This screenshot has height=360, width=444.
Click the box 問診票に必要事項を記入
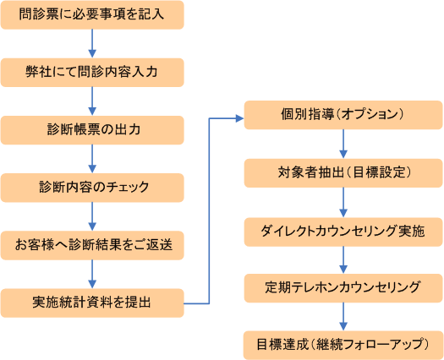pos(92,14)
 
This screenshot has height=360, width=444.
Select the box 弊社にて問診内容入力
pos(92,73)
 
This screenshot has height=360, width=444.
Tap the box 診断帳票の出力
pos(92,130)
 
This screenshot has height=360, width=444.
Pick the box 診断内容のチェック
pos(92,188)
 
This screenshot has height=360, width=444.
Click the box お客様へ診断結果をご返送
pos(92,245)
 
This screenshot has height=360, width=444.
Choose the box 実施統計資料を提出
pos(92,303)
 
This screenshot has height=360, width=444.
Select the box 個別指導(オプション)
pos(343,115)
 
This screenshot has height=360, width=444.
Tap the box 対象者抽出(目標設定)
pos(343,173)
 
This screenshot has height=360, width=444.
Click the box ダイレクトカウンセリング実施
pos(343,232)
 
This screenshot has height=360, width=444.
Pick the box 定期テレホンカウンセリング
pos(343,288)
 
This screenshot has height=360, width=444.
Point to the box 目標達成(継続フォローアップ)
pos(343,346)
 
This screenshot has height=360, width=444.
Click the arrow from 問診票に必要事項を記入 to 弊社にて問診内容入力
pos(92,44)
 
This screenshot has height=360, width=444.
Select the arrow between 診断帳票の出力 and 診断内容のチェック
pos(92,159)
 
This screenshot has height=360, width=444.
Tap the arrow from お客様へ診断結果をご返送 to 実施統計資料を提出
pos(92,274)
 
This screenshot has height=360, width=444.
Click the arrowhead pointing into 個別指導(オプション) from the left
pos(240,118)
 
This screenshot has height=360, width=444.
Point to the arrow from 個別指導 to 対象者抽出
pos(343,144)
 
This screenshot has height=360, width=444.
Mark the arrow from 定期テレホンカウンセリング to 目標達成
pos(343,317)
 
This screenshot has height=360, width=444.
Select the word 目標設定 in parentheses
pos(379,172)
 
